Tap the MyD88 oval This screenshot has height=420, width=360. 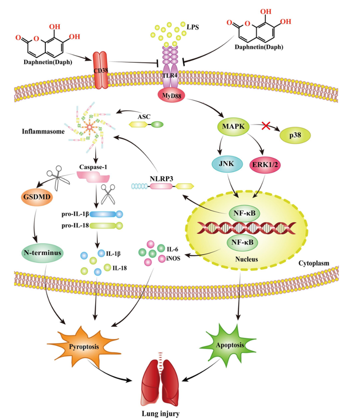tap(170, 96)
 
